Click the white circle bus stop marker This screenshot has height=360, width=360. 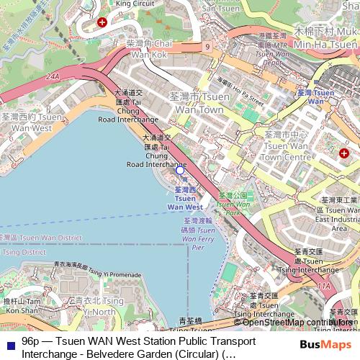pos(180,170)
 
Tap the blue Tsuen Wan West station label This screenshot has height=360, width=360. pos(185,198)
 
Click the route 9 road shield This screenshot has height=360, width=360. pos(207,46)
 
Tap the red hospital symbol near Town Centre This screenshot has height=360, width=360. pos(344,153)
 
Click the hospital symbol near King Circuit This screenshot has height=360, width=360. pos(102,22)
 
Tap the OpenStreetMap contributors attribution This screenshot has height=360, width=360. pos(298,323)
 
